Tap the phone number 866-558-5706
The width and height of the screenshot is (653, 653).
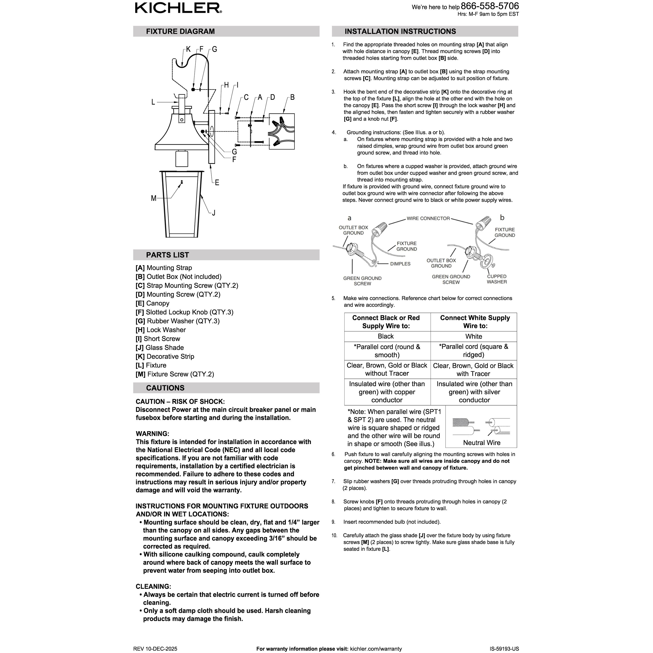pyautogui.click(x=490, y=6)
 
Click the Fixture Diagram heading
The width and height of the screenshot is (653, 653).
pyautogui.click(x=180, y=32)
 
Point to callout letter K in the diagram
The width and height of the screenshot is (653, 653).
pyautogui.click(x=188, y=49)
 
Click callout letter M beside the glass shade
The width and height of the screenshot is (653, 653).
pyautogui.click(x=153, y=198)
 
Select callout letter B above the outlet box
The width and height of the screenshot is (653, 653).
pyautogui.click(x=292, y=97)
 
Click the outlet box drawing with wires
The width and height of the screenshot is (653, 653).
pyautogui.click(x=281, y=132)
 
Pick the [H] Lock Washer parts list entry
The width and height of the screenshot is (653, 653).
pyautogui.click(x=161, y=330)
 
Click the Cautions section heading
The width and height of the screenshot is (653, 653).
pyautogui.click(x=165, y=388)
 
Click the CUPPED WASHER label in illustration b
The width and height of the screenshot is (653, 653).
pyautogui.click(x=497, y=279)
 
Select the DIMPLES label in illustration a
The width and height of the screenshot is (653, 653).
pyautogui.click(x=400, y=264)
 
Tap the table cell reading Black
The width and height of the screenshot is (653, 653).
pyautogui.click(x=386, y=336)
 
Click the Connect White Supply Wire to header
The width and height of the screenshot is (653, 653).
pyautogui.click(x=474, y=322)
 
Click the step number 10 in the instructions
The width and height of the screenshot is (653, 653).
pyautogui.click(x=334, y=535)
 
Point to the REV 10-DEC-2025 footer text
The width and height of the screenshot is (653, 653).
pyautogui.click(x=155, y=648)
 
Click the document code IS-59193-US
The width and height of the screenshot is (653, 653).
pyautogui.click(x=504, y=648)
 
